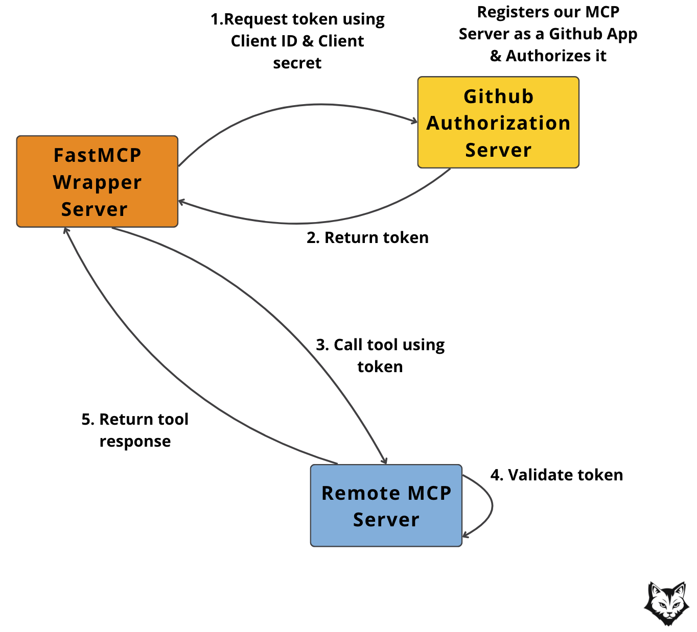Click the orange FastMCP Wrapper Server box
point(97,182)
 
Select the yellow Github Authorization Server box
point(498,122)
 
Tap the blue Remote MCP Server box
point(386,505)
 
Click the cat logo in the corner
point(666,603)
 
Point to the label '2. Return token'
point(367,238)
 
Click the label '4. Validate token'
point(556,475)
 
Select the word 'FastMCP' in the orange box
point(97,155)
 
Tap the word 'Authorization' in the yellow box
point(498,123)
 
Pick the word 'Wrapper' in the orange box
point(97,183)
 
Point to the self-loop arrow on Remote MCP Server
point(491,505)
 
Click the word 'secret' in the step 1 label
point(297,63)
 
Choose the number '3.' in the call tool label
point(322,345)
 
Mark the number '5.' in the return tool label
point(88,420)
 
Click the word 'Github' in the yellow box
point(498,96)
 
